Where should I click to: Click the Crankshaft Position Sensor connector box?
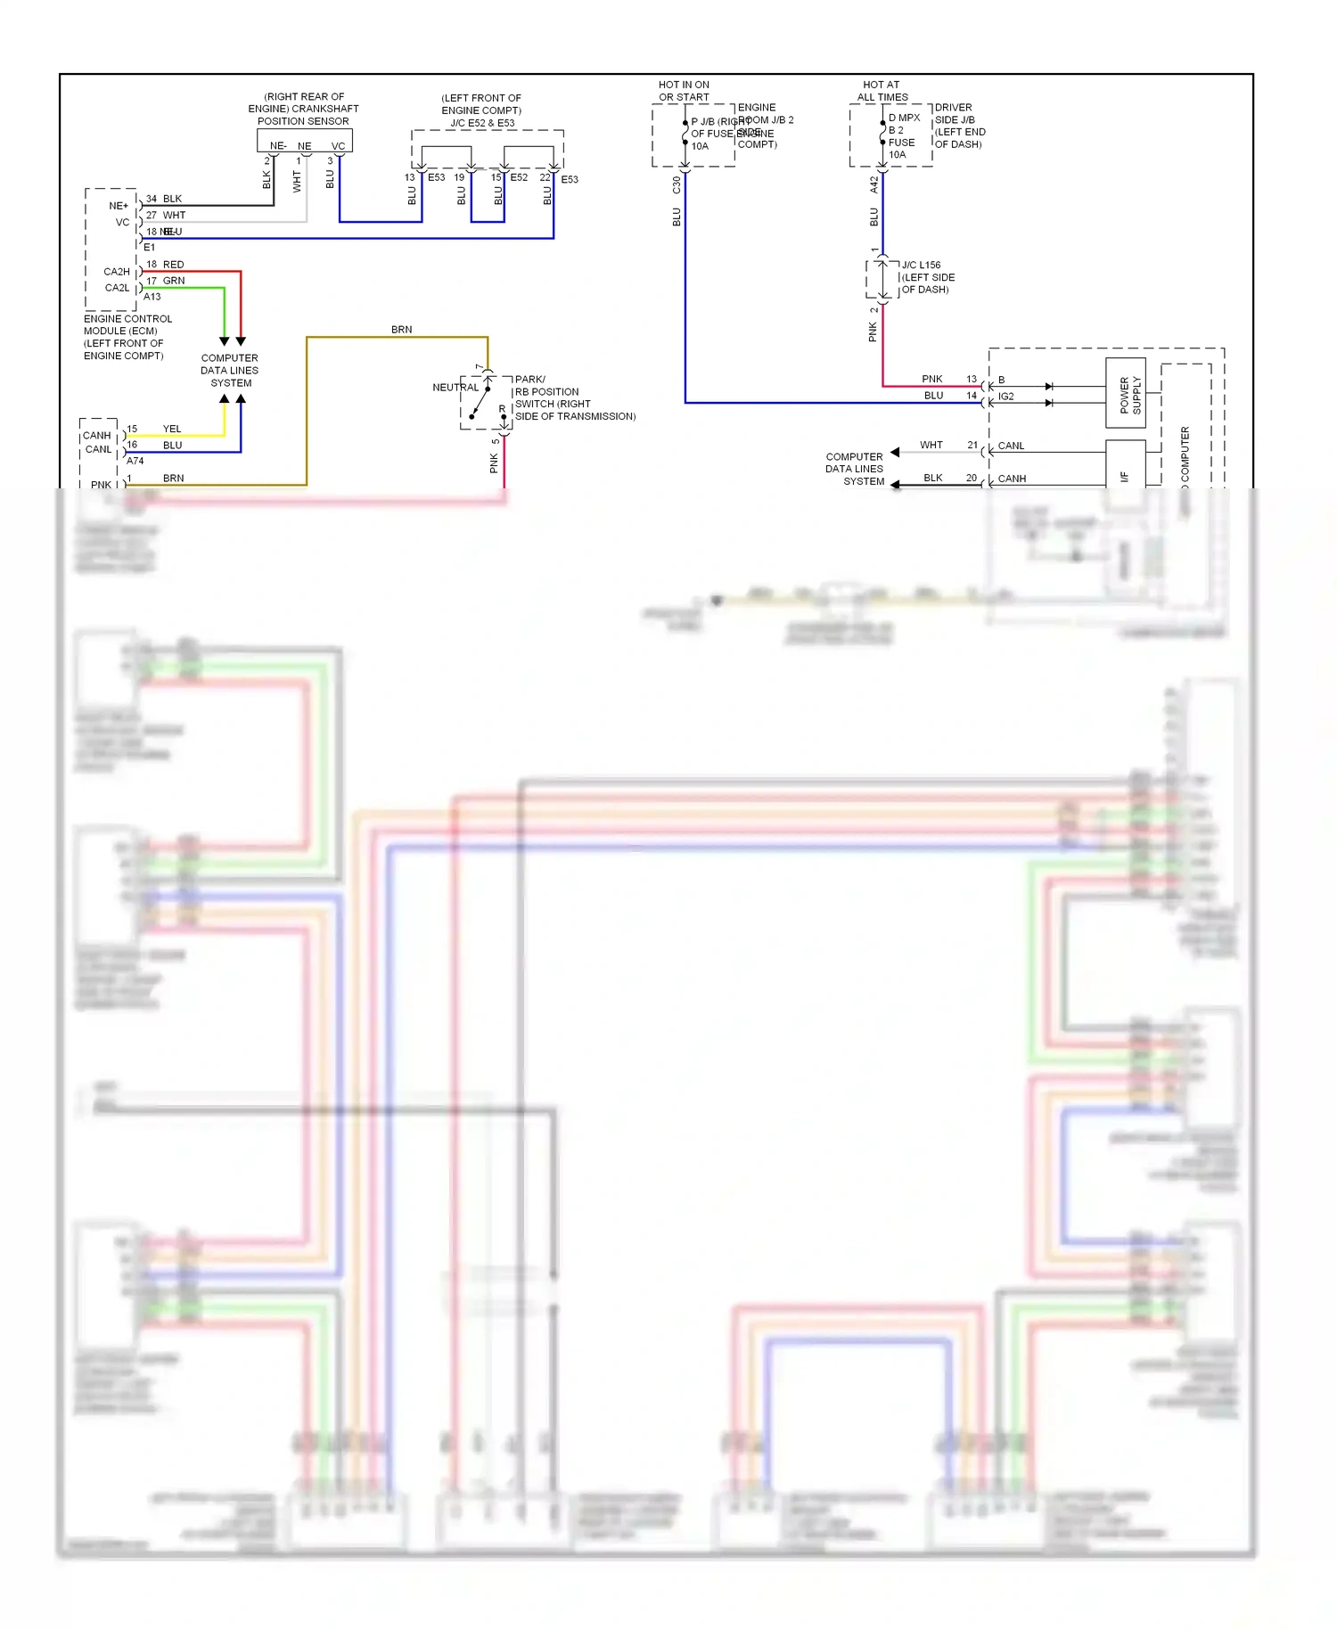pyautogui.click(x=305, y=141)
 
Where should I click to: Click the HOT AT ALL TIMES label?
pyautogui.click(x=882, y=91)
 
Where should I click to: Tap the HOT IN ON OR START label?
pyautogui.click(x=684, y=91)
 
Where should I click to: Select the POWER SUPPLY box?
pyautogui.click(x=1125, y=394)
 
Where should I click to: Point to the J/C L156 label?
pyautogui.click(x=921, y=265)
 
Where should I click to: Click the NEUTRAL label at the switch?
pyautogui.click(x=455, y=388)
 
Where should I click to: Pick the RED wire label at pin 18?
pyautogui.click(x=174, y=265)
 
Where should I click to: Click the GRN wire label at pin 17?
pyautogui.click(x=174, y=281)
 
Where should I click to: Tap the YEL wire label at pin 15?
pyautogui.click(x=172, y=429)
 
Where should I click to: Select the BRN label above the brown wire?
pyautogui.click(x=401, y=330)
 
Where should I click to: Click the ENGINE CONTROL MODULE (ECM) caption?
pyautogui.click(x=127, y=337)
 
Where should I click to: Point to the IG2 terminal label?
pyautogui.click(x=1005, y=397)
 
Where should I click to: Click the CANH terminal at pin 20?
pyautogui.click(x=1012, y=479)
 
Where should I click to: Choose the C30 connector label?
pyautogui.click(x=677, y=184)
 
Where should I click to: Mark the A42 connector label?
pyautogui.click(x=874, y=184)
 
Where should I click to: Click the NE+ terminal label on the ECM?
pyautogui.click(x=119, y=206)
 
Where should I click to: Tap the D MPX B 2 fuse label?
pyautogui.click(x=903, y=124)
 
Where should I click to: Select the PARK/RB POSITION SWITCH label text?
pyautogui.click(x=574, y=397)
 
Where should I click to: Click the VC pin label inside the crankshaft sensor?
pyautogui.click(x=338, y=146)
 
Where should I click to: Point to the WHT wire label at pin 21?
pyautogui.click(x=931, y=445)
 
